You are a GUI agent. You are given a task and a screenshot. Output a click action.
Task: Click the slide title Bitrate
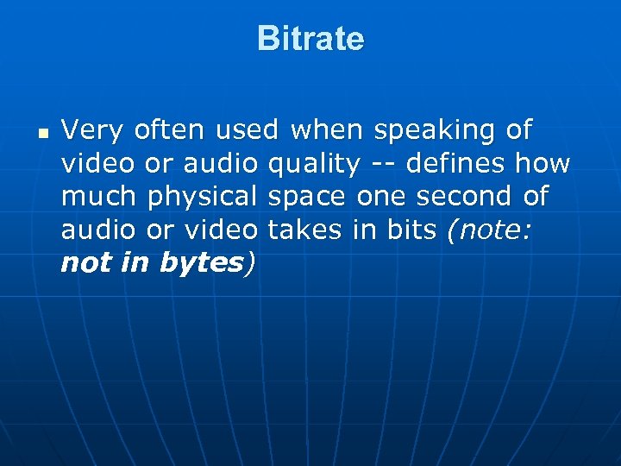[x=310, y=39]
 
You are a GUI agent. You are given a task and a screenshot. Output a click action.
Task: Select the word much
[x=98, y=197]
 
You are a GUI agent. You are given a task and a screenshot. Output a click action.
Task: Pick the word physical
[x=203, y=197]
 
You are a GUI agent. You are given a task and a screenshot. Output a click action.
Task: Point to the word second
[x=466, y=197]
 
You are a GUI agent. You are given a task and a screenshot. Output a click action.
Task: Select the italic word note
[x=492, y=230]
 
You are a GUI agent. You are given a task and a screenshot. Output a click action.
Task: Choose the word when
[x=328, y=131]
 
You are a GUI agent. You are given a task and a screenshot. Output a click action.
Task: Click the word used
[x=247, y=131]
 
